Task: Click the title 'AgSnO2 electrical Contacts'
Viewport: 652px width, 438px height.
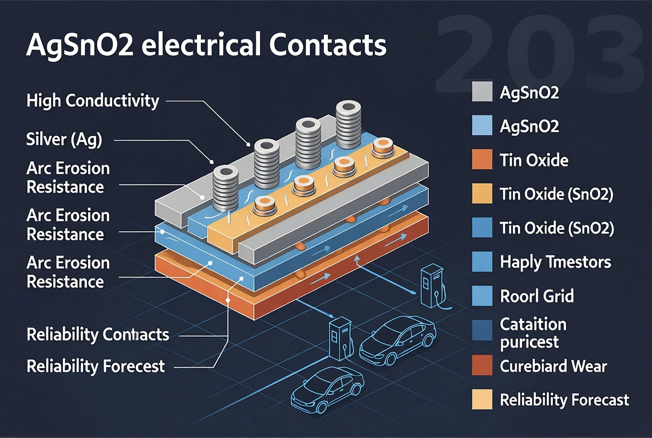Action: click(x=206, y=45)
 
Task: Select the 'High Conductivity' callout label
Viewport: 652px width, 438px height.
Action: click(x=93, y=101)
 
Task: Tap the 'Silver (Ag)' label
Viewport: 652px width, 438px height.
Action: click(x=64, y=140)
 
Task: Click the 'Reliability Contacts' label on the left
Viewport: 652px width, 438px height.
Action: click(x=98, y=335)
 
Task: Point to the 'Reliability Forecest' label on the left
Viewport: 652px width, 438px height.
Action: click(x=95, y=366)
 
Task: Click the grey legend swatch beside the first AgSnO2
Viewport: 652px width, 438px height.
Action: click(x=482, y=92)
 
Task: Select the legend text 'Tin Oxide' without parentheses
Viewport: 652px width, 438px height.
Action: click(x=534, y=161)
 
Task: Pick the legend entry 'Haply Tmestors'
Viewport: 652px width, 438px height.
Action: click(x=555, y=261)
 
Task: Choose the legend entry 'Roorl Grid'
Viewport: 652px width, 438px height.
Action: click(x=536, y=295)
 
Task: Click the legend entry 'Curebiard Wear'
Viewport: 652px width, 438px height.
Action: click(x=553, y=366)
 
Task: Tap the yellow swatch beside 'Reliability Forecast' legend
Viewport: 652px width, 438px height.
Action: click(x=482, y=400)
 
